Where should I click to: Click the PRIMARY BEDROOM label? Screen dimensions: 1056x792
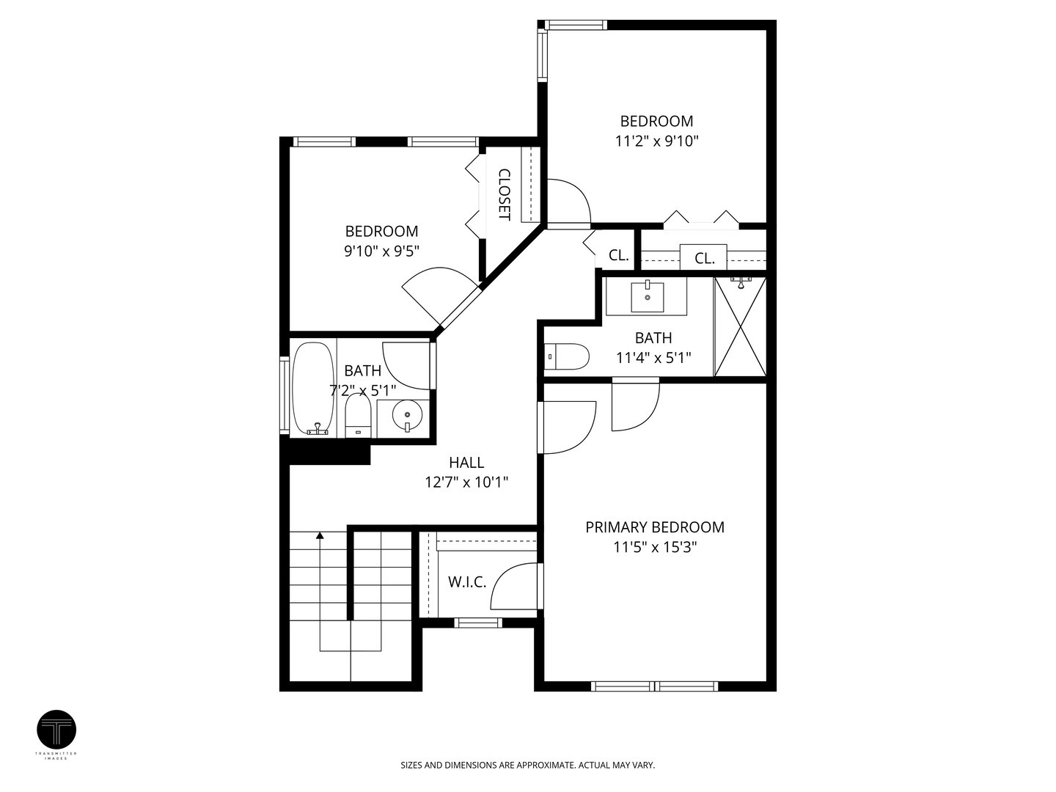[654, 527]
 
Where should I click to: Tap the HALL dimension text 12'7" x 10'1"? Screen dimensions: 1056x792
[466, 482]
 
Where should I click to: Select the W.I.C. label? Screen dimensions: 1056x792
[467, 582]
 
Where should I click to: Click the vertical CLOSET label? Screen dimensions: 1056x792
[504, 195]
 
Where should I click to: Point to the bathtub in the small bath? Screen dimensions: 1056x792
[313, 389]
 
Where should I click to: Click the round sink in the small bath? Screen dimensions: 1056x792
[407, 414]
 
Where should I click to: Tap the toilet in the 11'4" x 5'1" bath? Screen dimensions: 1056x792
[567, 356]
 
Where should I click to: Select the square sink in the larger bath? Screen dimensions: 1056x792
[647, 297]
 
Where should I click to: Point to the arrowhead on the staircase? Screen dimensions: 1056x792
[320, 535]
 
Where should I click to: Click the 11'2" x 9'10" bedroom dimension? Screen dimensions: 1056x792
[656, 141]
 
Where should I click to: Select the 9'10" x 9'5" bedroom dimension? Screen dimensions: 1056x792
[382, 251]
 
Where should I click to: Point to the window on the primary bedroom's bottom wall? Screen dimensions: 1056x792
[654, 686]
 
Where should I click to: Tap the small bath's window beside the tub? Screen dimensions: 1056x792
[285, 395]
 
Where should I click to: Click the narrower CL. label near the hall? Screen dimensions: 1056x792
[619, 255]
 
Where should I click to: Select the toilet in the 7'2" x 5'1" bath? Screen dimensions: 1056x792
[358, 416]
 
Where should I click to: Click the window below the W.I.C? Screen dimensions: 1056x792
[478, 623]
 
